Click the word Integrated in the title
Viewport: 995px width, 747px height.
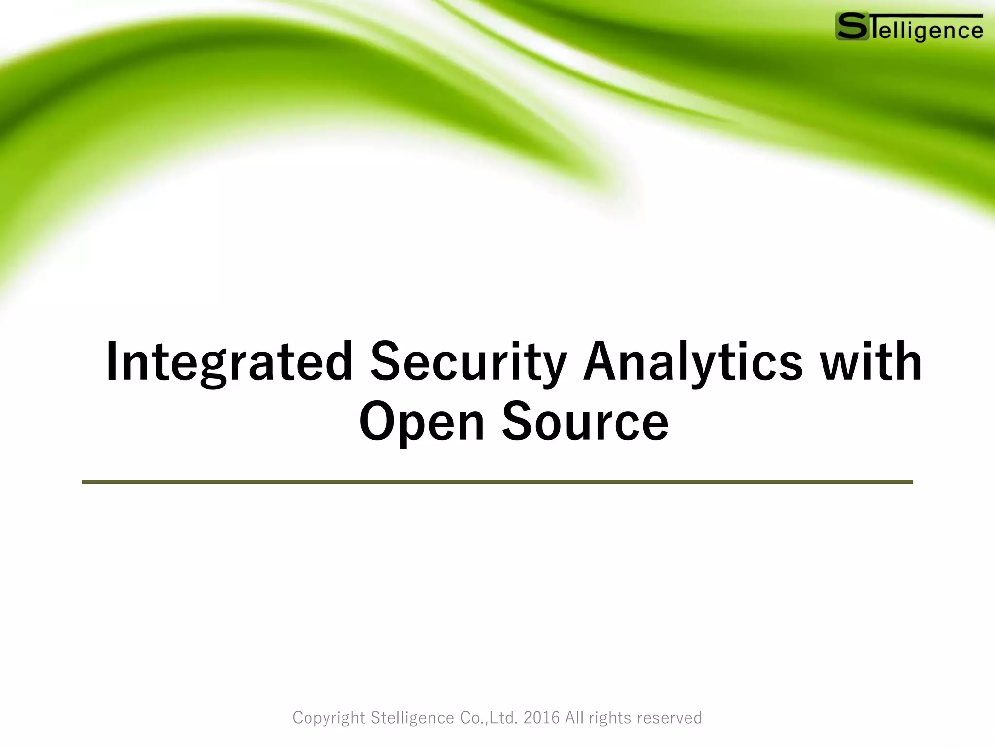tap(229, 362)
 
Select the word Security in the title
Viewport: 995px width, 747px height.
tap(468, 362)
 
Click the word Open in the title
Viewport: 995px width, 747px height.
tap(422, 422)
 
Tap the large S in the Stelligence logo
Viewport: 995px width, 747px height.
tap(852, 27)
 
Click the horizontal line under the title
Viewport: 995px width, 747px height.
tap(497, 482)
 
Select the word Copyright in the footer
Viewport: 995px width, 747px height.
tap(329, 718)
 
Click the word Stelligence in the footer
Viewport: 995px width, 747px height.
tap(412, 718)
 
